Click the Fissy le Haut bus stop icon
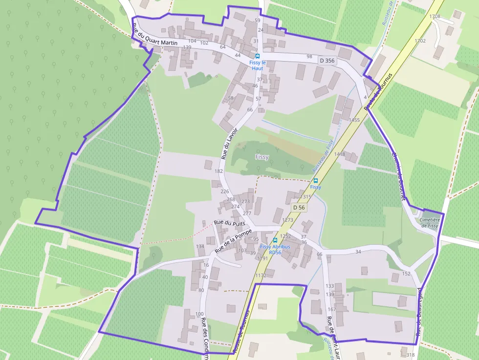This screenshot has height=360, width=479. [258, 56]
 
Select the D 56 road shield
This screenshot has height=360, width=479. [299, 208]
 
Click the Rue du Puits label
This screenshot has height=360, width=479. [229, 222]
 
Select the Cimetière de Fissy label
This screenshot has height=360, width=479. [430, 223]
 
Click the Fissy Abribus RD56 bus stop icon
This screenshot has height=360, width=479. [275, 240]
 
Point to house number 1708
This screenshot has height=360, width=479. [434, 17]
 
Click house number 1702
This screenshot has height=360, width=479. [419, 41]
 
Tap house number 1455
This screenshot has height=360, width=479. [354, 120]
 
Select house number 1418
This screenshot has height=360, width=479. [339, 154]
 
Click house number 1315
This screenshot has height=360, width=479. [305, 197]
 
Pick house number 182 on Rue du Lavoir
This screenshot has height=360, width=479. [218, 171]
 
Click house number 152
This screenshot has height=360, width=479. [406, 274]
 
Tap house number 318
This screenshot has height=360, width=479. [410, 355]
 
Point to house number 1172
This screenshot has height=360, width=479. [261, 275]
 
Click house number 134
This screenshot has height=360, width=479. [200, 247]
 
